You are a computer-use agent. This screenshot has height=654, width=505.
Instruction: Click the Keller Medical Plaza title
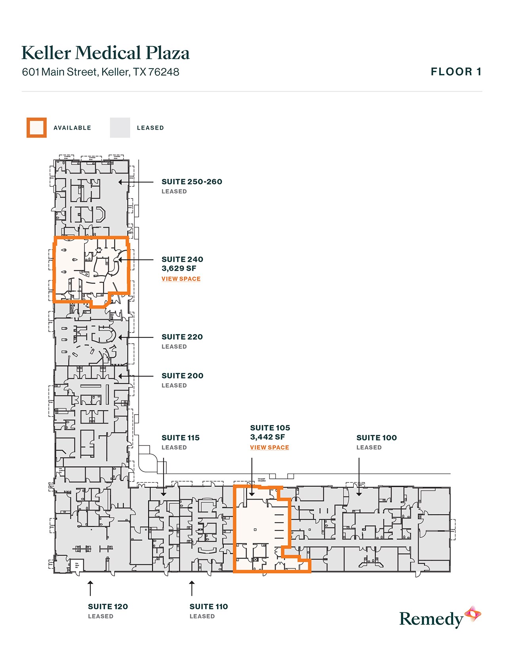(x=105, y=53)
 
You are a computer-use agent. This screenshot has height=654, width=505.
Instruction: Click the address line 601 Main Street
(x=101, y=72)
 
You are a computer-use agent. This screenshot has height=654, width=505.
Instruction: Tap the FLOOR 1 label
(x=456, y=72)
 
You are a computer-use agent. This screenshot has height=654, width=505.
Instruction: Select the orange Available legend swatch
(x=36, y=128)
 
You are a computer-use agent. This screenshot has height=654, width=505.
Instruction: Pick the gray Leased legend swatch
(x=120, y=128)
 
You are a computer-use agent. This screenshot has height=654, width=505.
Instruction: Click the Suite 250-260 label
(x=192, y=182)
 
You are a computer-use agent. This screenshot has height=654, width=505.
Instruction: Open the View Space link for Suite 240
(x=181, y=279)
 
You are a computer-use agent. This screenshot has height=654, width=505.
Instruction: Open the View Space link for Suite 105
(x=269, y=447)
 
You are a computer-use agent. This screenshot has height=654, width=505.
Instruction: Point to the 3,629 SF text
(x=179, y=269)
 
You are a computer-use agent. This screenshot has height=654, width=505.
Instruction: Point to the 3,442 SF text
(x=267, y=437)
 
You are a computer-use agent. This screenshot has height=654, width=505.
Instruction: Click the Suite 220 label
(x=182, y=337)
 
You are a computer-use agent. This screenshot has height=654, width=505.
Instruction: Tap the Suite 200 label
(x=183, y=376)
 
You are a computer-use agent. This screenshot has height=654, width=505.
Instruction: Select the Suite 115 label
(x=181, y=438)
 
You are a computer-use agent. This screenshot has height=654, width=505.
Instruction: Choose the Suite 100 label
(x=377, y=438)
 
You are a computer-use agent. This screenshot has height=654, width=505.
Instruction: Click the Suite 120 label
(x=108, y=607)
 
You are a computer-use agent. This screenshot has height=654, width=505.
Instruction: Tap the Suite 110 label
(x=209, y=607)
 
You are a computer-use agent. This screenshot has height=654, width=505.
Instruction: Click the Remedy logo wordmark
(x=431, y=619)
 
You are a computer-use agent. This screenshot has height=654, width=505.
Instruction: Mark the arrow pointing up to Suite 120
(x=90, y=588)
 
